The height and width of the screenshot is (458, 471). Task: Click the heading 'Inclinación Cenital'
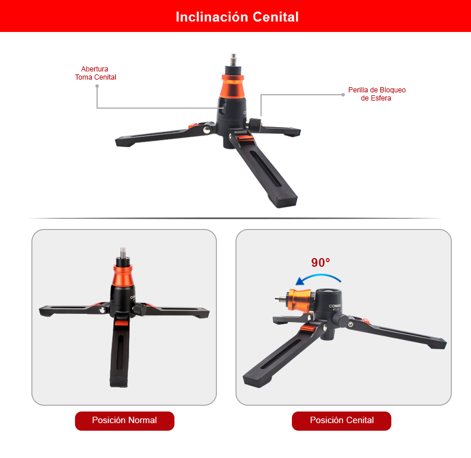click(x=237, y=17)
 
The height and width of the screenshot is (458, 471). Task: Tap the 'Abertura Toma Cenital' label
click(x=95, y=73)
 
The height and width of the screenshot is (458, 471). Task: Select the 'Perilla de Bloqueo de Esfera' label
click(x=377, y=94)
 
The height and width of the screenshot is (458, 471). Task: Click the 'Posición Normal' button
click(x=124, y=421)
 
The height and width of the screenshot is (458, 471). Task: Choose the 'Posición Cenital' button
click(x=341, y=421)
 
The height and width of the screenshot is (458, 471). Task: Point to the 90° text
click(x=320, y=263)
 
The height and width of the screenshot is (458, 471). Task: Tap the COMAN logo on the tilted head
click(x=334, y=306)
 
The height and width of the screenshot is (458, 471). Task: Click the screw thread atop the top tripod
click(x=233, y=60)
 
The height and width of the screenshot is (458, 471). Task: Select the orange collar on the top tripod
click(x=233, y=86)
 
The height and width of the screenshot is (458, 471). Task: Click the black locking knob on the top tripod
click(x=255, y=124)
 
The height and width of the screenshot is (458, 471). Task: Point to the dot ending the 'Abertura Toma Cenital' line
click(x=97, y=86)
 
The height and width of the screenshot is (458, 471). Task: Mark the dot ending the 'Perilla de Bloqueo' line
click(x=343, y=95)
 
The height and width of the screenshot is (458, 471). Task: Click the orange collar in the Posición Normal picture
click(x=123, y=275)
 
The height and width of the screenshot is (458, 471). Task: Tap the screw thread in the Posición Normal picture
click(x=123, y=253)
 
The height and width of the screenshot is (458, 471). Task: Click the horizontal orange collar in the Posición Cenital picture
click(x=298, y=299)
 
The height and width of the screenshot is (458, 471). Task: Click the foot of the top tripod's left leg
click(x=124, y=141)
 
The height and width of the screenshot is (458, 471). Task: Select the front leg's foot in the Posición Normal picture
click(x=119, y=381)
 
